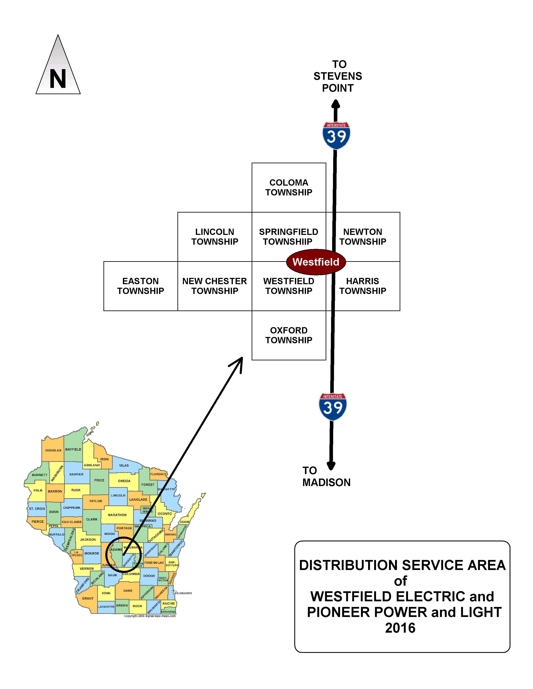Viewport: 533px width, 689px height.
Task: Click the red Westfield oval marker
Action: point(316,262)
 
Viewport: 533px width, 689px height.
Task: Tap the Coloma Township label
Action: point(289,187)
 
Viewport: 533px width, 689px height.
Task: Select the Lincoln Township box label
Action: point(215,237)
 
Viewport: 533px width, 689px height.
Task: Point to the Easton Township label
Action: point(140,286)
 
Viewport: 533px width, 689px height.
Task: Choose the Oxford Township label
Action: point(289,335)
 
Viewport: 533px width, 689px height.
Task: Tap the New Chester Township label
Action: point(215,286)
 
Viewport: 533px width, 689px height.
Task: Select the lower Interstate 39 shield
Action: point(333,407)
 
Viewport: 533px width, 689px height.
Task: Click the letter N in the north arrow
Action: point(58,79)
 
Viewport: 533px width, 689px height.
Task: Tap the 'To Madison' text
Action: point(326,476)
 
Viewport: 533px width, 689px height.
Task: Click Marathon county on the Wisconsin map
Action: point(117,515)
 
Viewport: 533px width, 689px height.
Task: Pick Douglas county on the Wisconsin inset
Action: point(53,450)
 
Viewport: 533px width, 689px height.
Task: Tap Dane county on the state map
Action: point(128,591)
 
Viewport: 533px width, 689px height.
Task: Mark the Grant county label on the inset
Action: point(88,598)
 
